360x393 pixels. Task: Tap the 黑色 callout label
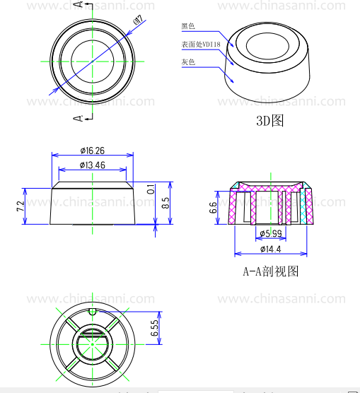click(188, 26)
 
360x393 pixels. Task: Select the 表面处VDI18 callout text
click(200, 45)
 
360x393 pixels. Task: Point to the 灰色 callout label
click(188, 63)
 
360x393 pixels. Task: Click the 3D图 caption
click(269, 121)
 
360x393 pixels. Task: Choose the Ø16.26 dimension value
click(92, 151)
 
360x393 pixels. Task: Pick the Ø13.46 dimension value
click(92, 165)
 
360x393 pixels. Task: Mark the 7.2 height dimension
click(21, 206)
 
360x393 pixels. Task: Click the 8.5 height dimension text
click(166, 204)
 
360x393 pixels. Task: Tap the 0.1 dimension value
click(151, 189)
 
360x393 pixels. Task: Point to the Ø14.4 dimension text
click(271, 250)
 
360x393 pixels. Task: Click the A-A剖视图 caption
click(272, 271)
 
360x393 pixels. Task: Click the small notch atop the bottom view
click(92, 311)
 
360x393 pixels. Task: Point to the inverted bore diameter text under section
click(271, 233)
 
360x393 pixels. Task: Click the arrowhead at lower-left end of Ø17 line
click(52, 91)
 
